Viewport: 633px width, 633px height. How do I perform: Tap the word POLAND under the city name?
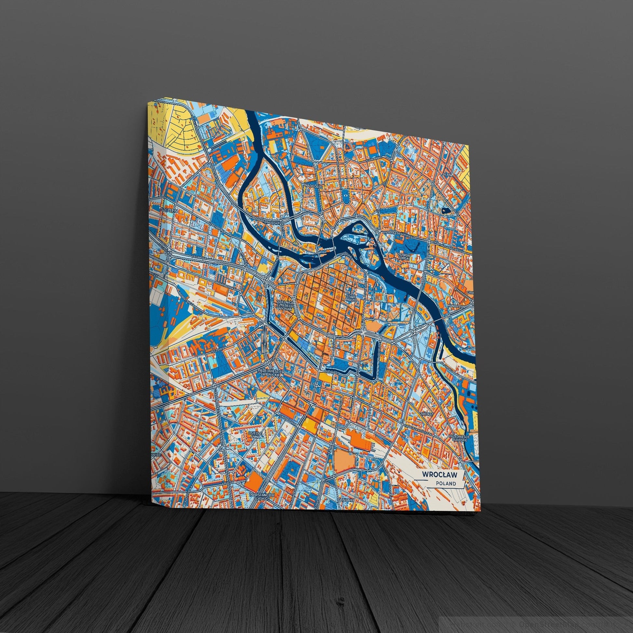point(446,492)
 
